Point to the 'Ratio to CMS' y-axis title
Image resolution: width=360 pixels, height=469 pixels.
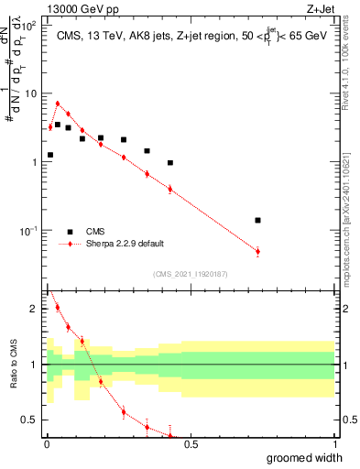pyautogui.click(x=13, y=365)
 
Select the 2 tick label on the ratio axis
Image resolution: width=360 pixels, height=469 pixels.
pyautogui.click(x=35, y=309)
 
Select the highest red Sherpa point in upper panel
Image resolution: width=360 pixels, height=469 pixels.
pyautogui.click(x=58, y=104)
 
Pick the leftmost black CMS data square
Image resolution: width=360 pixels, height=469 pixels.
pyautogui.click(x=50, y=155)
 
